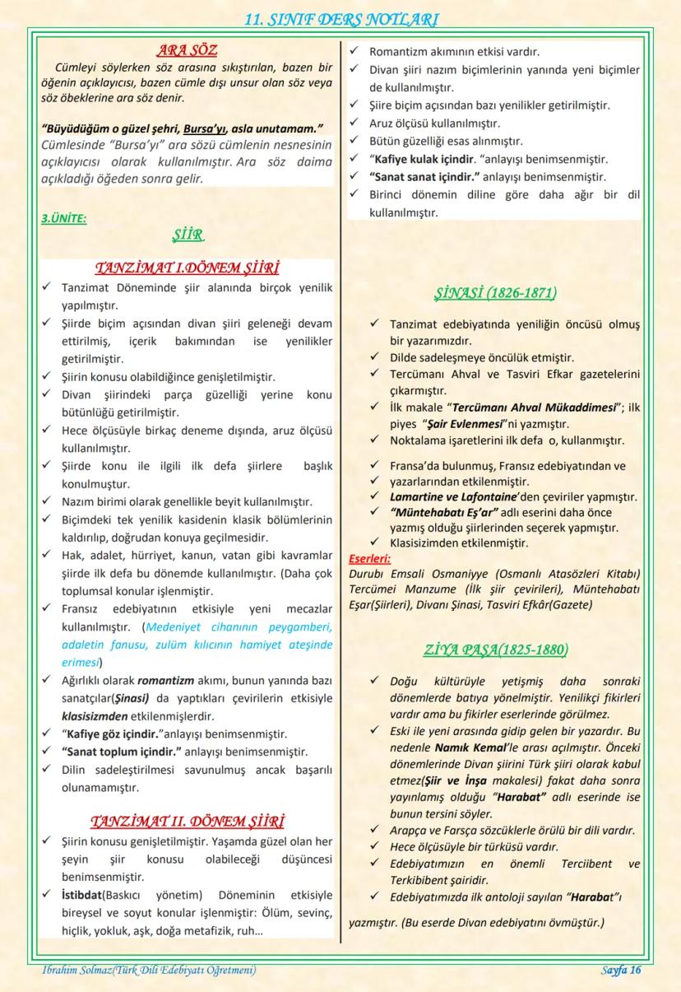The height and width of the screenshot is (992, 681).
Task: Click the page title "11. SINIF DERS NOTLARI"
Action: pos(340,20)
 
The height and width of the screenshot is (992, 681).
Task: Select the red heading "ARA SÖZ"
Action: pos(188,50)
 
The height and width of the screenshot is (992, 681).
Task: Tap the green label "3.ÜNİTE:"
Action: pos(63,219)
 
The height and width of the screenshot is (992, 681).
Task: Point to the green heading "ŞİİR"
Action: pos(188,235)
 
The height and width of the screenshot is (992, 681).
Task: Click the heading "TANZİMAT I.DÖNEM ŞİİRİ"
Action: pos(188,268)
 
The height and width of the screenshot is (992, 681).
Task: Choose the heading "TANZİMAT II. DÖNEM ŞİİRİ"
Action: pos(188,822)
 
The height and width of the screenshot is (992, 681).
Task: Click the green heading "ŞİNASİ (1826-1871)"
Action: pos(494,293)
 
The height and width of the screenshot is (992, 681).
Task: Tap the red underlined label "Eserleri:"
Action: pos(370,559)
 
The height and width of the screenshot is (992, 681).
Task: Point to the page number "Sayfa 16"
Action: pos(620,970)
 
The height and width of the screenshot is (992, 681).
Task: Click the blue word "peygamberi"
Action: pos(295,626)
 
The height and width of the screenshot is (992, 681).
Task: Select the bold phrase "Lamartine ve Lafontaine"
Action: pos(452,496)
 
